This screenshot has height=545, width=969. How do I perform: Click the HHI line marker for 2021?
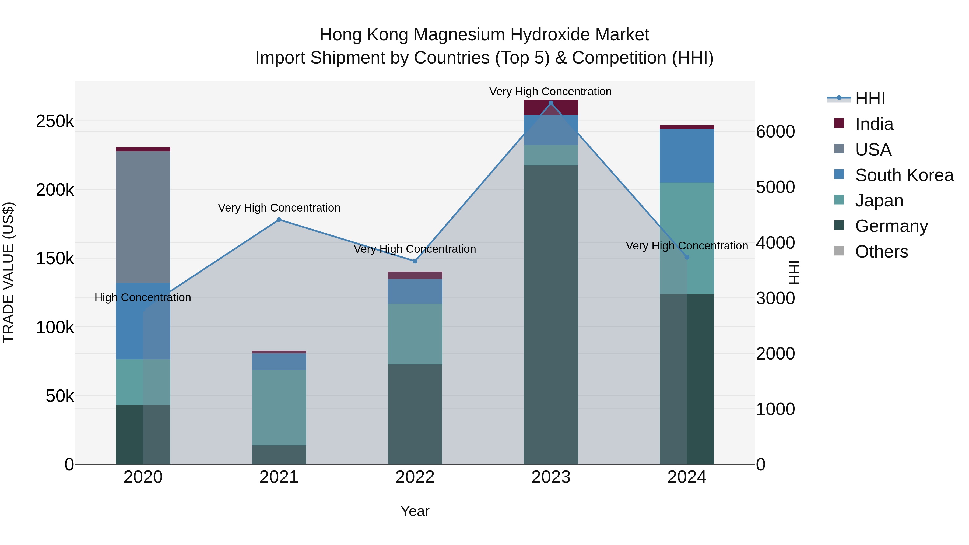point(279,220)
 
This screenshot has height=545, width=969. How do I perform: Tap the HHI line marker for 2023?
point(551,103)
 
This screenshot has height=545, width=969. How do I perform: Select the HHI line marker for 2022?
point(415,261)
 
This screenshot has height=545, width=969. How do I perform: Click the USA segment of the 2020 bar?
point(143,217)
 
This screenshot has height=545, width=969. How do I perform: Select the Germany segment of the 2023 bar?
point(551,314)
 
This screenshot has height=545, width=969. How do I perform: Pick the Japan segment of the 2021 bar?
point(279,407)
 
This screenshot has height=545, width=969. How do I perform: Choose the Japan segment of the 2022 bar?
point(415,334)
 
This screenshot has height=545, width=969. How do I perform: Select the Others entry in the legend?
point(881,251)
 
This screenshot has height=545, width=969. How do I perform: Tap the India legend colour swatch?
point(839,123)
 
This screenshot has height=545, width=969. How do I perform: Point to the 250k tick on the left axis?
point(55,121)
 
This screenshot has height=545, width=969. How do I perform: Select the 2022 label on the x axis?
point(415,477)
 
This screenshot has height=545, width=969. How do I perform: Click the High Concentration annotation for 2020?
point(143,297)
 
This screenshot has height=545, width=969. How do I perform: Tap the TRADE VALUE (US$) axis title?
point(8,272)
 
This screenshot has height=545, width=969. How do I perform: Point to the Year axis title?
point(415,511)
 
